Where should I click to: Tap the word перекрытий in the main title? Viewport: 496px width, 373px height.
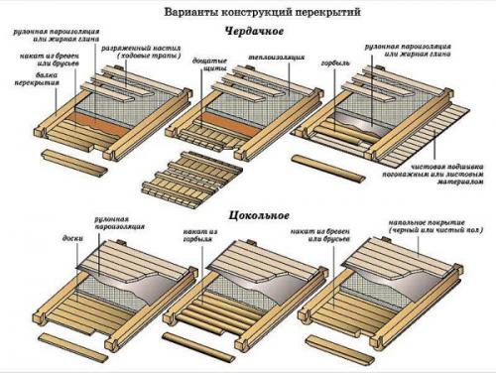(314, 11)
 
